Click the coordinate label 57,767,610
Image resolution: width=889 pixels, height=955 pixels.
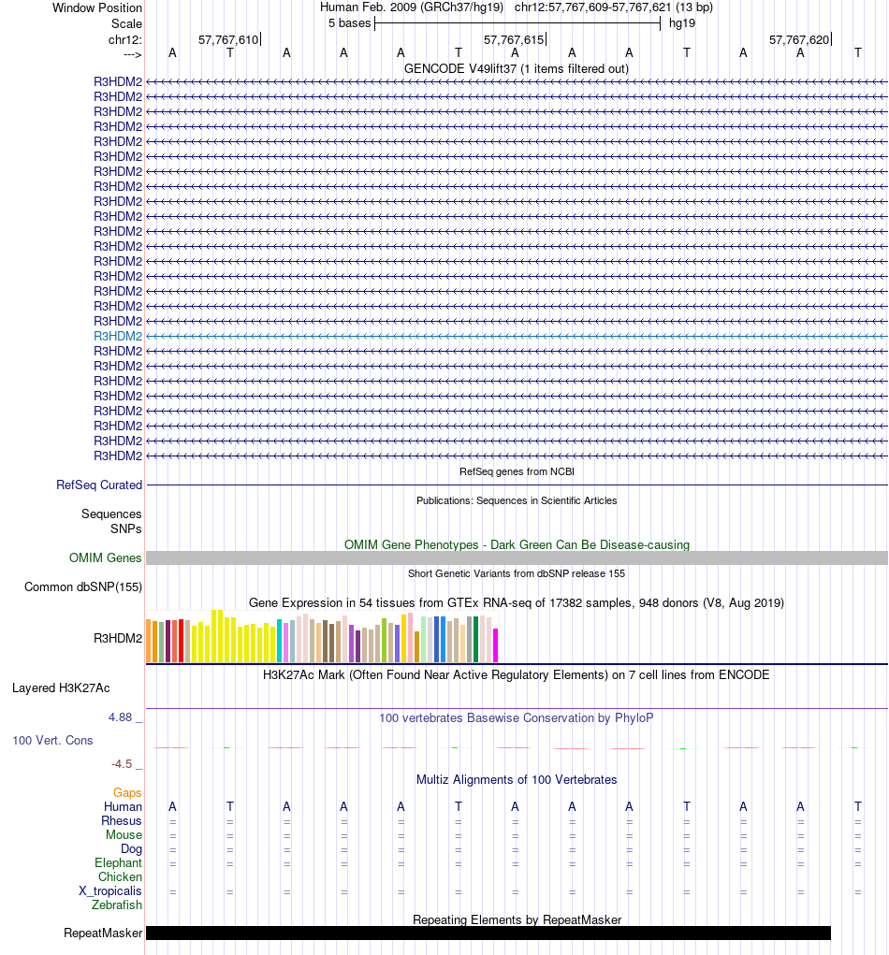click(x=227, y=39)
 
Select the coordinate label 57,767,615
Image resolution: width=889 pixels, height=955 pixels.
click(x=513, y=39)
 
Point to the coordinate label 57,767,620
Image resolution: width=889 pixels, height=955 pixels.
click(x=798, y=39)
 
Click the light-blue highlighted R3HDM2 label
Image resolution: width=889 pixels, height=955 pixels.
click(x=118, y=336)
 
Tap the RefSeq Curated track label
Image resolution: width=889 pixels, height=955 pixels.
click(x=99, y=485)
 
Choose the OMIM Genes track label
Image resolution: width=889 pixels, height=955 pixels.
click(x=106, y=557)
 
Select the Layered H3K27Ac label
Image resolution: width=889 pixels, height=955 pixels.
click(x=61, y=687)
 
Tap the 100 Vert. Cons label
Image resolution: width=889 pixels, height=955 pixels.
click(x=52, y=740)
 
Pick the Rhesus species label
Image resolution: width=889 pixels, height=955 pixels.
click(x=122, y=820)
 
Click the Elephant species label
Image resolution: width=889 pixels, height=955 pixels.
click(x=118, y=862)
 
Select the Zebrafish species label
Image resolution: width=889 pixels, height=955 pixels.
click(x=117, y=904)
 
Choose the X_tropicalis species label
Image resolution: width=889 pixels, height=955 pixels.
click(x=110, y=890)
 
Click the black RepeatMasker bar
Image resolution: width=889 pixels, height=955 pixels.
click(x=488, y=933)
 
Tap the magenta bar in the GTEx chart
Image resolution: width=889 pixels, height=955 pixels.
click(x=495, y=644)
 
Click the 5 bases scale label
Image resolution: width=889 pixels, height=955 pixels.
click(x=349, y=22)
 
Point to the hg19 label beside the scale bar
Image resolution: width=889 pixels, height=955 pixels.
click(x=681, y=22)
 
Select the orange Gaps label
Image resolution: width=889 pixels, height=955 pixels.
click(x=127, y=792)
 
